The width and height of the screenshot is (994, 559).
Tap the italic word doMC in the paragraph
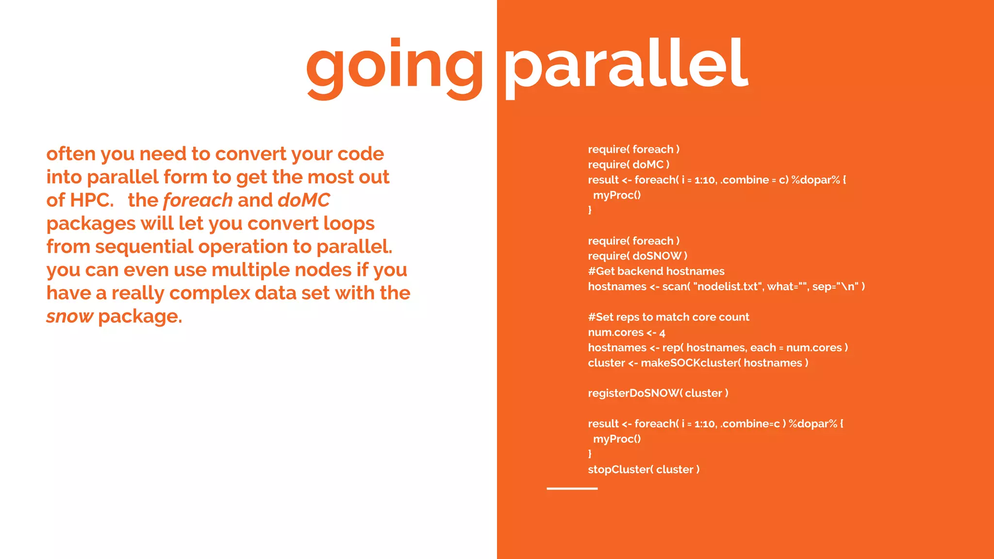304,200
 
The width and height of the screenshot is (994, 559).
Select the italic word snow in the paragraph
69,316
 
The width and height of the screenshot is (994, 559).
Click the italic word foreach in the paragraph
198,200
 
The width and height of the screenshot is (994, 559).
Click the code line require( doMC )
629,164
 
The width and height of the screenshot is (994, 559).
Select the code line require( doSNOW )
637,256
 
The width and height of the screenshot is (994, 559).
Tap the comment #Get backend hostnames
656,271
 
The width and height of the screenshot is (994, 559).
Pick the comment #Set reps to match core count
668,317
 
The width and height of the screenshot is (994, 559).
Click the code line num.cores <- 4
626,332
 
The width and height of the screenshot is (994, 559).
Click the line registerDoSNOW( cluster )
658,393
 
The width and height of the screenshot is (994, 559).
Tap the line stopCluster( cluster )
644,469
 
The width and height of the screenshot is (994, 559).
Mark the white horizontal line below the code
572,489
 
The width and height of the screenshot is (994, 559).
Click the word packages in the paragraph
91,224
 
